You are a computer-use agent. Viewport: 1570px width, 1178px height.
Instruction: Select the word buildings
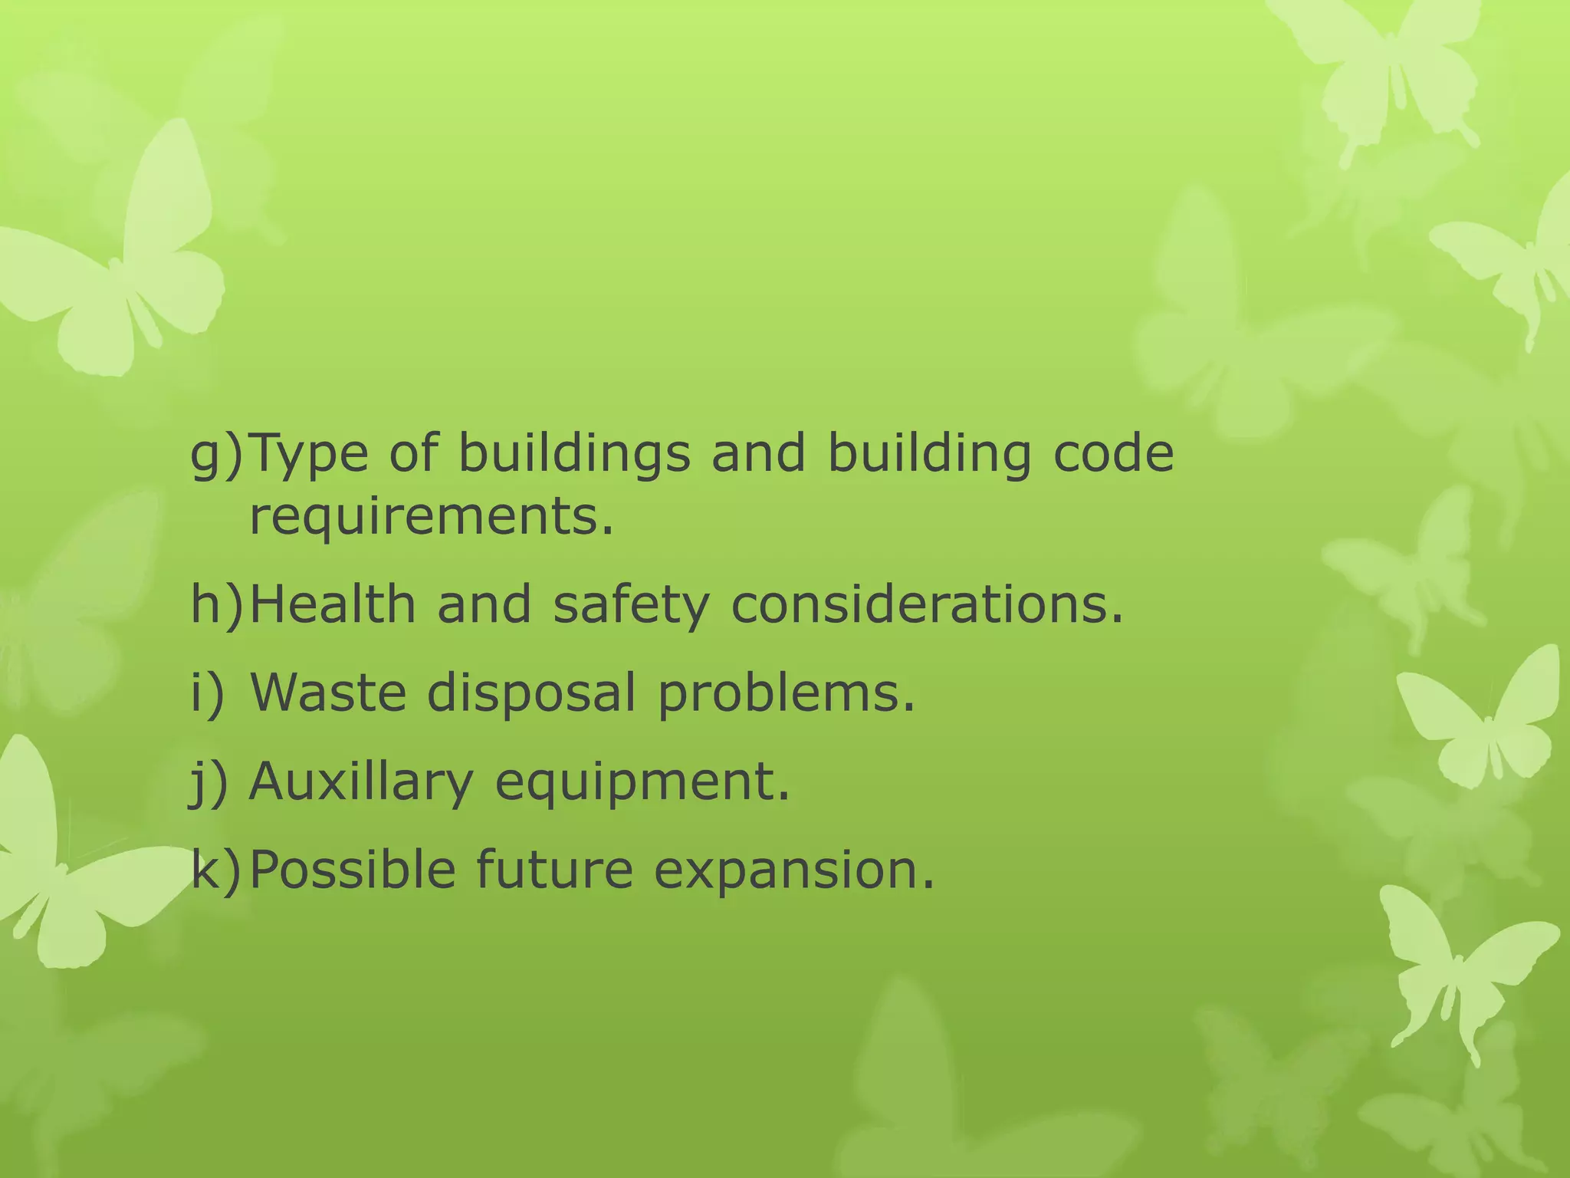coord(574,455)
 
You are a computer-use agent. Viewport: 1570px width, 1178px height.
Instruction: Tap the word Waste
coord(327,693)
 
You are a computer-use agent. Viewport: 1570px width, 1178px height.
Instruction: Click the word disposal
coord(531,694)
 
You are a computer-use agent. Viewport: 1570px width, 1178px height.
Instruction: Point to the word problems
coord(787,694)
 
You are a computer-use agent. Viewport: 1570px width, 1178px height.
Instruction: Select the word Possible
coord(353,870)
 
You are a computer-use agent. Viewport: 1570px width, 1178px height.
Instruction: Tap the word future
coord(554,870)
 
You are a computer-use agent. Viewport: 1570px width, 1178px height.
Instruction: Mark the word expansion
coord(794,871)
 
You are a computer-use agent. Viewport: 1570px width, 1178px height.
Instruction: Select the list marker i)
coord(207,693)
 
